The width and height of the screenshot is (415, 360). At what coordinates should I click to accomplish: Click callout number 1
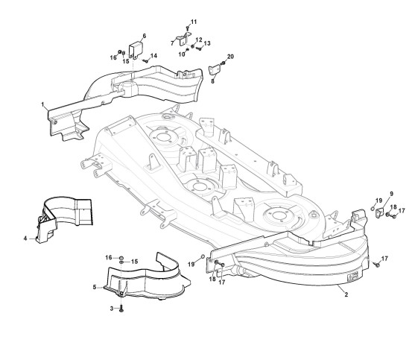[42, 104]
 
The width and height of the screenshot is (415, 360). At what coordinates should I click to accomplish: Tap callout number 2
[346, 294]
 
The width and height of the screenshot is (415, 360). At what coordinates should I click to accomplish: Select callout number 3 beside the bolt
[112, 309]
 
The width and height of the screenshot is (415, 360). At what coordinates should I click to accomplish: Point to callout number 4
[25, 239]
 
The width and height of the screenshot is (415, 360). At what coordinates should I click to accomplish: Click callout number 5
[95, 287]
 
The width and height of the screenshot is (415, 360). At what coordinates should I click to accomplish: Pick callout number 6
[145, 36]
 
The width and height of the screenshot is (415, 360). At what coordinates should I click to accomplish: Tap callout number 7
[172, 43]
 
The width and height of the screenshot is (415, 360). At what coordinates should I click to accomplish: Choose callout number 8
[212, 81]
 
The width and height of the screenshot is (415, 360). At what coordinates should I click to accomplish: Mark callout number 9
[391, 194]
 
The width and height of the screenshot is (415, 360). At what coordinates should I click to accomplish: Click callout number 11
[194, 22]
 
